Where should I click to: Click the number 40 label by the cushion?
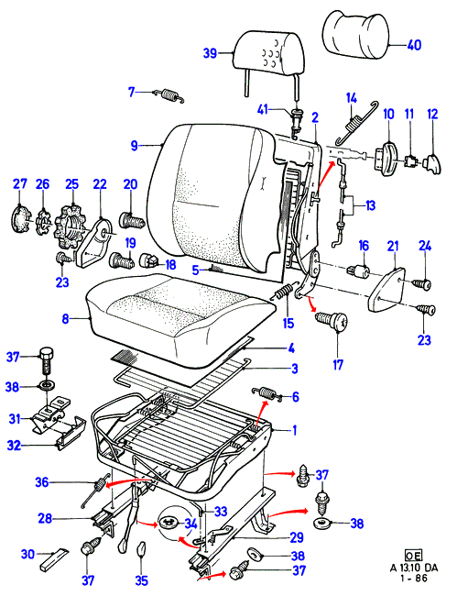[x=414, y=45]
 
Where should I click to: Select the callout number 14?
[x=352, y=98]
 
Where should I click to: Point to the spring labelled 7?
[x=170, y=95]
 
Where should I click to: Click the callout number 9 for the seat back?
[x=134, y=146]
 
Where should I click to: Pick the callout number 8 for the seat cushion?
[x=66, y=318]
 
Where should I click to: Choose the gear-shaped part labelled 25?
[x=71, y=228]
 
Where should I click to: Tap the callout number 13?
[x=370, y=205]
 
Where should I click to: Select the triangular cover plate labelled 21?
[x=388, y=290]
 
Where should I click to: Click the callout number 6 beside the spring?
[x=295, y=397]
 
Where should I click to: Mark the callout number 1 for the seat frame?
[x=294, y=430]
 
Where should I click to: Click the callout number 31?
[x=15, y=419]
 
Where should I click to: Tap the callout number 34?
[x=190, y=524]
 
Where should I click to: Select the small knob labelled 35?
[x=141, y=548]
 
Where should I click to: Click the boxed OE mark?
[x=413, y=556]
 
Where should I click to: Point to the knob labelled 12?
[x=431, y=164]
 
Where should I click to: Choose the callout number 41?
[x=262, y=110]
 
